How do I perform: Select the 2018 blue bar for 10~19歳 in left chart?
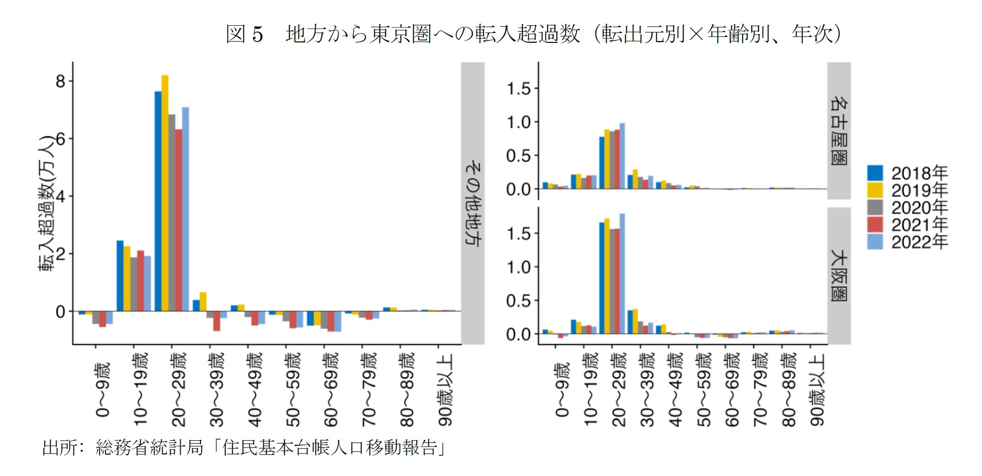[120, 276]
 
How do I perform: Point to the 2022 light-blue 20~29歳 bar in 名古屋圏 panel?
[622, 156]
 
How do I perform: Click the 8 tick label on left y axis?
[61, 82]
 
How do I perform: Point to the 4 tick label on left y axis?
[61, 197]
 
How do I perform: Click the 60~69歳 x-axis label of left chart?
[331, 390]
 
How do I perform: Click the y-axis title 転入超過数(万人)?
[47, 203]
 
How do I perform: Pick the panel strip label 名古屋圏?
[839, 131]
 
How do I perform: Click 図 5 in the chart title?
[244, 34]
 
